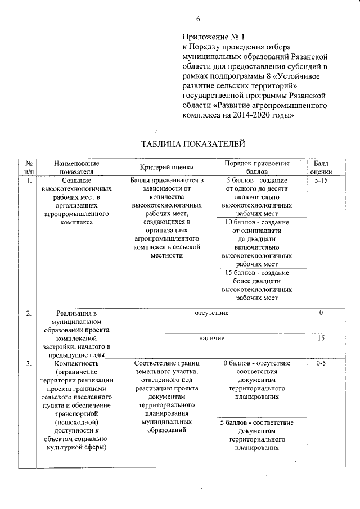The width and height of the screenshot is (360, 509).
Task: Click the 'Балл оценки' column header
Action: [x=321, y=167]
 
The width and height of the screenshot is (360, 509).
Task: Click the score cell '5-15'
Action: [x=321, y=181]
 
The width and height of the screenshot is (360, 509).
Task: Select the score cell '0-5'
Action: [x=321, y=364]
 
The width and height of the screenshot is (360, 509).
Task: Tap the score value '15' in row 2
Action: [x=321, y=339]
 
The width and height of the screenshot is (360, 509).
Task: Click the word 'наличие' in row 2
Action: [x=211, y=339]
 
